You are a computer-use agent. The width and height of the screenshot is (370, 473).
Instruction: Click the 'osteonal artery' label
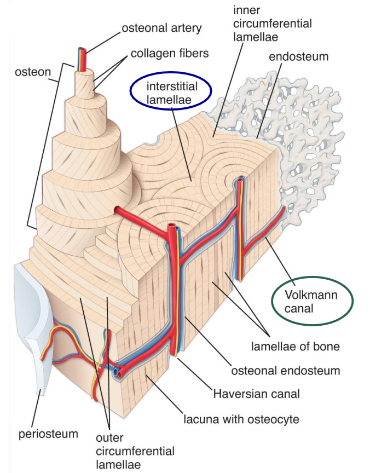(x=161, y=28)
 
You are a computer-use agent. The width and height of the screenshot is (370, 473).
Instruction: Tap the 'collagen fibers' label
(x=170, y=54)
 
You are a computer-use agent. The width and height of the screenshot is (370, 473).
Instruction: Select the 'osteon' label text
(x=33, y=72)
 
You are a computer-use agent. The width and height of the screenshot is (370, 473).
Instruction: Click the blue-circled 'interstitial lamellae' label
(x=172, y=93)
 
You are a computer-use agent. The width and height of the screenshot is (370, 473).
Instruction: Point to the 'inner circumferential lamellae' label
(x=273, y=24)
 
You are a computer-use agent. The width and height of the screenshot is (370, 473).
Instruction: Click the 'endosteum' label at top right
(x=298, y=57)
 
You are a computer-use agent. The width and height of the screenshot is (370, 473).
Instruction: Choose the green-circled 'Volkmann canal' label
(x=311, y=301)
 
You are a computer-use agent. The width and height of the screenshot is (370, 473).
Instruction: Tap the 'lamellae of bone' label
(x=296, y=347)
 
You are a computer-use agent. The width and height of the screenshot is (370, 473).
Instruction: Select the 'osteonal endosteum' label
(x=286, y=371)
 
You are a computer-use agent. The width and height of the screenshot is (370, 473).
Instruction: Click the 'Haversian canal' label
(x=257, y=394)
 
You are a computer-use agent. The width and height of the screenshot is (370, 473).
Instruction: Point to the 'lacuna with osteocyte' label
(x=241, y=419)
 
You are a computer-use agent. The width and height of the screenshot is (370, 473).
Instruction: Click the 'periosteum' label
(x=48, y=434)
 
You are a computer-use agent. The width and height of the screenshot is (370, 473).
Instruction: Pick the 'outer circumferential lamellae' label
(x=135, y=451)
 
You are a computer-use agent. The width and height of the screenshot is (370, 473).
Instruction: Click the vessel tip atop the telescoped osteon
(x=82, y=51)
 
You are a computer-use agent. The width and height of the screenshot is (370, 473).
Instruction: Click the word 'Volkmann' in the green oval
(x=311, y=295)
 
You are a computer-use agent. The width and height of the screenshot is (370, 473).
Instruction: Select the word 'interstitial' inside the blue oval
(x=172, y=86)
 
